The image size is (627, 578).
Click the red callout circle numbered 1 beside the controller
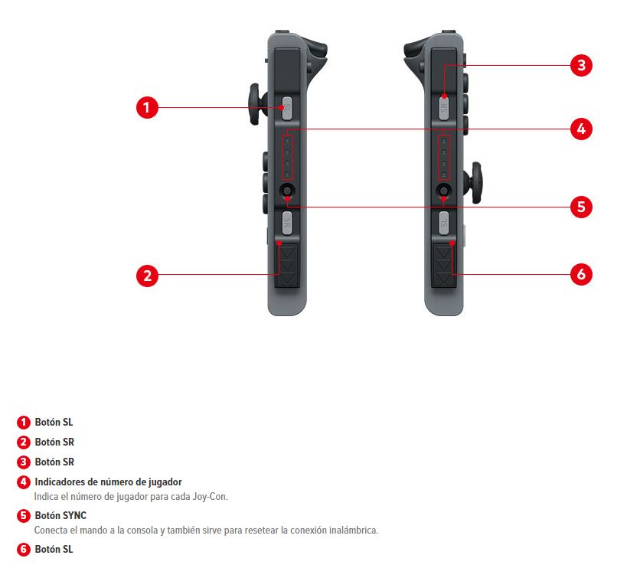pyautogui.click(x=147, y=107)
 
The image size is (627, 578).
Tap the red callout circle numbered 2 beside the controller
pyautogui.click(x=147, y=276)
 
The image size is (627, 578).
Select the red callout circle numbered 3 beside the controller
pyautogui.click(x=581, y=65)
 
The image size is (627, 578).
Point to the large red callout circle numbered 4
pyautogui.click(x=581, y=129)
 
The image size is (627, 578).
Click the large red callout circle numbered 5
pyautogui.click(x=581, y=207)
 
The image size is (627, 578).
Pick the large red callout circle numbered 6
pyautogui.click(x=581, y=274)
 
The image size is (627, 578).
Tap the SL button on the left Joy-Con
pyautogui.click(x=287, y=108)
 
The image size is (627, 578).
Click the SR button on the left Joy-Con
pyautogui.click(x=287, y=224)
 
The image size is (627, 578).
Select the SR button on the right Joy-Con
pyautogui.click(x=444, y=108)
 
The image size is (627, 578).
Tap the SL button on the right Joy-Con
pyautogui.click(x=444, y=224)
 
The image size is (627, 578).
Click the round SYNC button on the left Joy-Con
pyautogui.click(x=287, y=190)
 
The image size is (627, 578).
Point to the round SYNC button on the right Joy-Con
pyautogui.click(x=444, y=190)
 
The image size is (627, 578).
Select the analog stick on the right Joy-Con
pyautogui.click(x=474, y=183)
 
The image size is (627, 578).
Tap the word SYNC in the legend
pyautogui.click(x=74, y=515)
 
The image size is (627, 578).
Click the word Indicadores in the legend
pyautogui.click(x=60, y=482)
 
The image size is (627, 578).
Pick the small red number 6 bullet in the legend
pyautogui.click(x=23, y=549)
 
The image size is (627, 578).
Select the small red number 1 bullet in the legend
pyautogui.click(x=23, y=422)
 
